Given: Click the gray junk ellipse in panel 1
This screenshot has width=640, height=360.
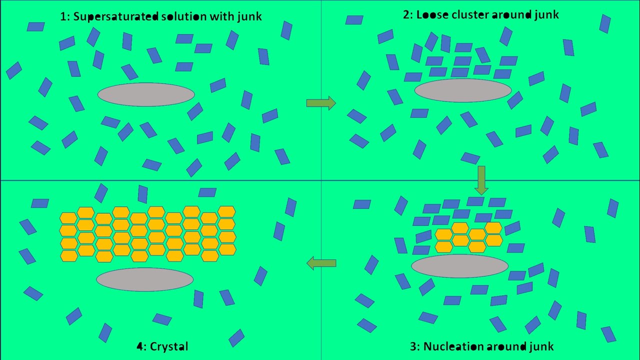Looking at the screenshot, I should coord(146,94).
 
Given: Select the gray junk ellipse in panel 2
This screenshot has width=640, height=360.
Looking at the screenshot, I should coord(463,90).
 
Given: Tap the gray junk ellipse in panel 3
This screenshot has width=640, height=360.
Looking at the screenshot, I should coord(460,266).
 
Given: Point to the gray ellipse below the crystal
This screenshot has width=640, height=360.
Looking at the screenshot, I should coord(145,279).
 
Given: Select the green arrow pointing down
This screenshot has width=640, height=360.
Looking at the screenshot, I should coord(481,180).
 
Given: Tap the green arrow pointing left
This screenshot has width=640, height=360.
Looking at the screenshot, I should coord(321,263).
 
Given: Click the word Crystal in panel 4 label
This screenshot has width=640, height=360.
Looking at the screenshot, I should coord(168,346).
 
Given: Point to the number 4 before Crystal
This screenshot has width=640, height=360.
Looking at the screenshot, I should coord(139,346).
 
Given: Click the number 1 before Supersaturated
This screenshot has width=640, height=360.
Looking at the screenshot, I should coord(63,16).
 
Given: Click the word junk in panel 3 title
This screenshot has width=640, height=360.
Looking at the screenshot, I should coord(538,346).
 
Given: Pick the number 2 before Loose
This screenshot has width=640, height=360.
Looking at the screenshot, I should coord(405,15).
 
